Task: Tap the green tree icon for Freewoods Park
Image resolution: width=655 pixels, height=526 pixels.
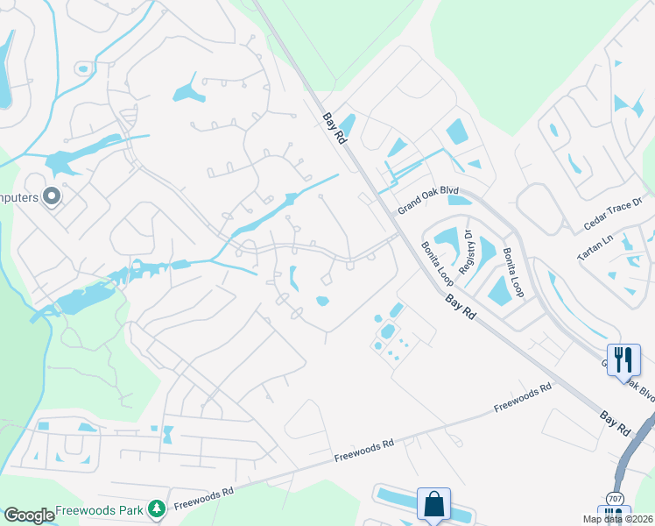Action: point(157,508)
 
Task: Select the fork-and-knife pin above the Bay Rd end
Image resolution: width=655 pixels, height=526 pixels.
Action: point(623,359)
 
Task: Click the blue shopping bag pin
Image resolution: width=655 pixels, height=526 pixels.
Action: point(433,504)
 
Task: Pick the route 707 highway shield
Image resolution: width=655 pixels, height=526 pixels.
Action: point(616,499)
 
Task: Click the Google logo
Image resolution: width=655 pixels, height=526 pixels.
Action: point(29,515)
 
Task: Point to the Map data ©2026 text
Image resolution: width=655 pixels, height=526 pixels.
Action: point(617,519)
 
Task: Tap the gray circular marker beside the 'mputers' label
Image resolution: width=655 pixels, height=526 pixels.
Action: point(51,196)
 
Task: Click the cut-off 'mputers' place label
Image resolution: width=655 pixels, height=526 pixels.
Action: point(19,197)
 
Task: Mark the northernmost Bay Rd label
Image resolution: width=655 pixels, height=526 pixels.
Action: point(332,129)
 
